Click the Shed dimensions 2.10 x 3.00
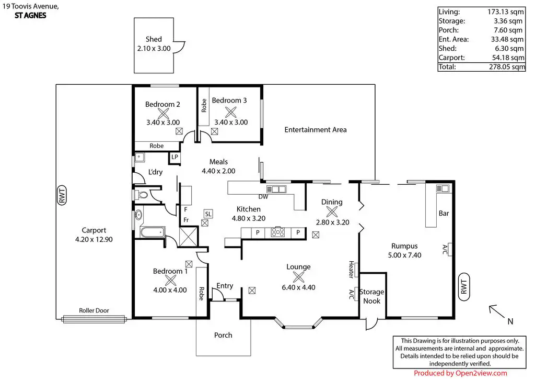pos(154,49)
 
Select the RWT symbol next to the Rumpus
pos(464,287)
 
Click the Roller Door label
pos(94,310)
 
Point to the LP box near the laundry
pos(175,157)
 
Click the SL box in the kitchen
pos(208,214)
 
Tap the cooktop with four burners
pos(278,232)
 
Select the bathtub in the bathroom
pos(153,233)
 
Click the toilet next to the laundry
pos(142,195)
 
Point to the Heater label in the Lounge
pos(351,269)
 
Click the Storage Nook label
pos(371,296)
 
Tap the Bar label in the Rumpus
pos(444,213)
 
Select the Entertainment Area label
pos(316,129)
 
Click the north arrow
pos(497,311)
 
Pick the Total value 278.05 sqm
pos(507,66)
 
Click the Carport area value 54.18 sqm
pos(508,58)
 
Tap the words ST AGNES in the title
pos(30,15)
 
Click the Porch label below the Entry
pos(223,335)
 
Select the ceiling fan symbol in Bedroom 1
pos(170,280)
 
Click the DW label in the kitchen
pos(263,197)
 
